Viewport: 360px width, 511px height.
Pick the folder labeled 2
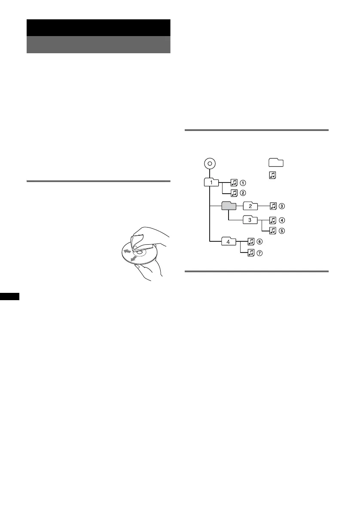point(250,206)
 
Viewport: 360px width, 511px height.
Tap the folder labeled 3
point(250,220)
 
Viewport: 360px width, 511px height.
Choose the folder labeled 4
point(229,242)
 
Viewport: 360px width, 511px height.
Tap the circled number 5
point(281,231)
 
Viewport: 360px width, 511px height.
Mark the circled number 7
point(260,253)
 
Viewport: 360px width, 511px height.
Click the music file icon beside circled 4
point(272,221)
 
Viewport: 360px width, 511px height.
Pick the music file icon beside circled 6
point(251,242)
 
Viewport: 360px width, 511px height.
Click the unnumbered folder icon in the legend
point(276,162)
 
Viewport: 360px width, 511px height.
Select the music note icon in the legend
point(272,175)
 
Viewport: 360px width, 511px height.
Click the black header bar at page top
point(98,27)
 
